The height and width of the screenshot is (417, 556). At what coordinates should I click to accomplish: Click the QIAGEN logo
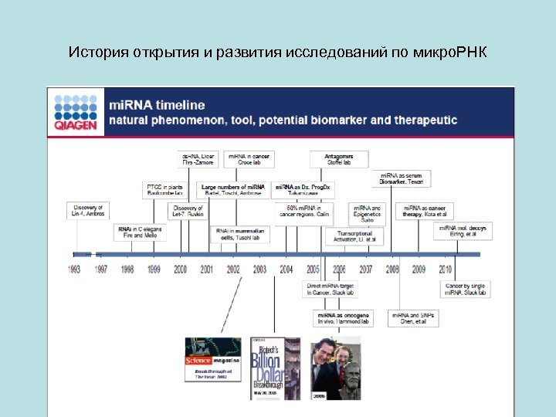tap(76, 113)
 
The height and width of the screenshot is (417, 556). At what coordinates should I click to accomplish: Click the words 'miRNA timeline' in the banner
tap(157, 105)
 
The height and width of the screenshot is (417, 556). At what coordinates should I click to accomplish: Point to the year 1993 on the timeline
tap(74, 270)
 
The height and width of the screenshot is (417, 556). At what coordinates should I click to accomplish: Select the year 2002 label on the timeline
tap(233, 270)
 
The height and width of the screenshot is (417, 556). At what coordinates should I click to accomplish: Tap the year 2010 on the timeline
tap(445, 270)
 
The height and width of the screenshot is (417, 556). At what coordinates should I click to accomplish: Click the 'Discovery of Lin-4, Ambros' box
tap(87, 210)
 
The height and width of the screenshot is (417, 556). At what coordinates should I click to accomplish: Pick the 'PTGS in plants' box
tap(165, 190)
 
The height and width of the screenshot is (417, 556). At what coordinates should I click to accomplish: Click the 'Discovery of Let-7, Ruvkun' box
tap(187, 211)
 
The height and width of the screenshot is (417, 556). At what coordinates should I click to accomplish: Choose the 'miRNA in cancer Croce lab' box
tap(249, 160)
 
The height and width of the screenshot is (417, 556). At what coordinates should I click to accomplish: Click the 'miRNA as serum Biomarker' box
tap(402, 179)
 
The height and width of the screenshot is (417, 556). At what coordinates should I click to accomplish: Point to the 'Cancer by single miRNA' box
tap(465, 290)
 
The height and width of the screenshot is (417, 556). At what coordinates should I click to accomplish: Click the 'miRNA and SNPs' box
tap(412, 318)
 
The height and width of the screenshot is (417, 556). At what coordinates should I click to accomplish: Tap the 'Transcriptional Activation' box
tap(354, 236)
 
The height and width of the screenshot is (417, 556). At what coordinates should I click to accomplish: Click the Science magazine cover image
tap(212, 359)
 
